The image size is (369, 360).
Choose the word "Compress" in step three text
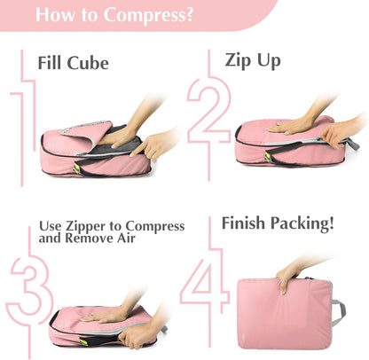coord(155,227)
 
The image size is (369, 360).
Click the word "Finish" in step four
coord(249,224)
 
